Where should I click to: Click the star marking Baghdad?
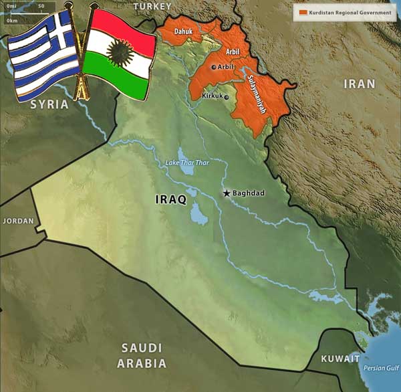coord(227,193)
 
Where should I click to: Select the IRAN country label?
coord(359,84)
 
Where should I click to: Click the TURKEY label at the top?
coord(152,6)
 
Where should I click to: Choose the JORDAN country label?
coord(17,221)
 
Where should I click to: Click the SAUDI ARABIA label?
coord(142,355)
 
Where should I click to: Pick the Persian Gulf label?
coord(381,368)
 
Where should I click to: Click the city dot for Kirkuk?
coord(227,97)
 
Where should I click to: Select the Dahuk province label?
coord(183,31)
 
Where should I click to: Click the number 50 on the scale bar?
coord(41,6)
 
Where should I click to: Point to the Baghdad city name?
coord(249,193)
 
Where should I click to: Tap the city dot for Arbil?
coord(213,67)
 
